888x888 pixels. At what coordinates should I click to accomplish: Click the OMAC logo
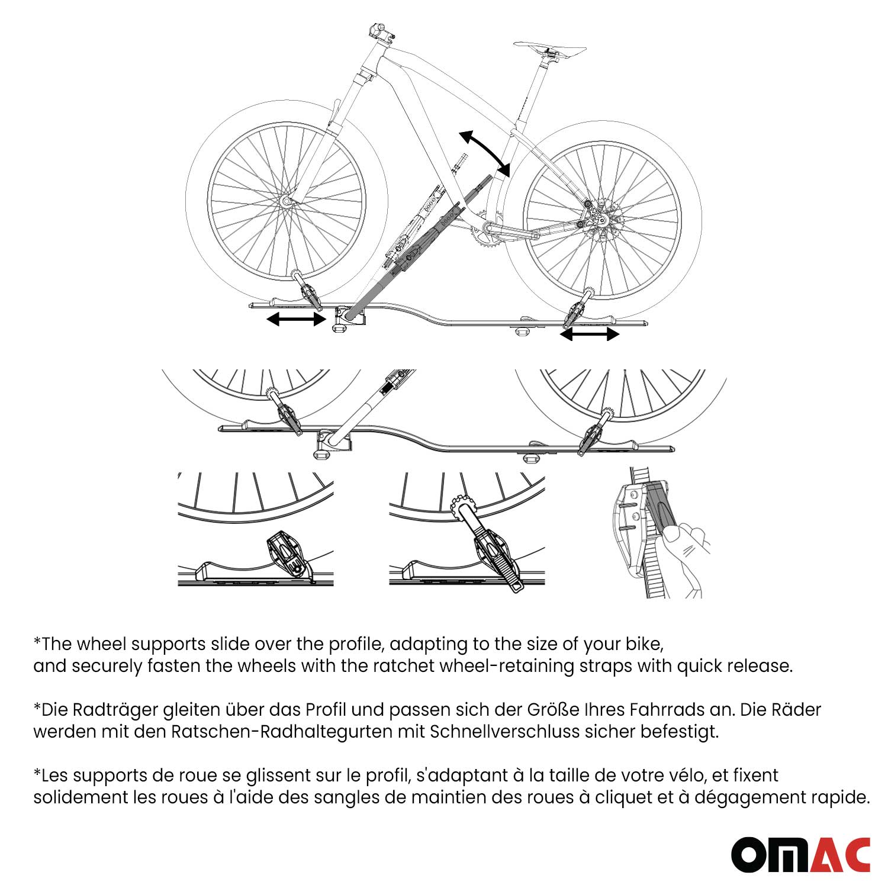point(800,854)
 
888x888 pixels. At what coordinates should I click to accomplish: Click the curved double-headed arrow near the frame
point(485,153)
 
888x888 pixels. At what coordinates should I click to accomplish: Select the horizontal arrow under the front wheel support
point(296,320)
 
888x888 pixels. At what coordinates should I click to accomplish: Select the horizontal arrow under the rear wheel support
point(590,334)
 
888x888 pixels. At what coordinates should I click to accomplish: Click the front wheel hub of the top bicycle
point(287,201)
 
